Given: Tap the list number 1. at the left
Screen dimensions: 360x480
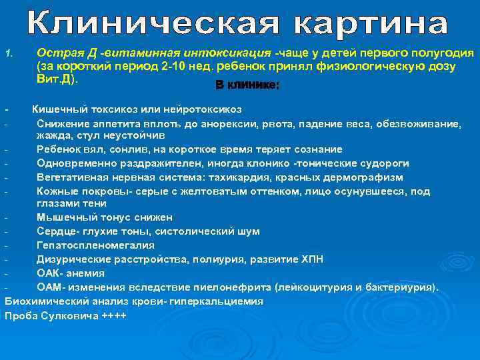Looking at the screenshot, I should (9, 54).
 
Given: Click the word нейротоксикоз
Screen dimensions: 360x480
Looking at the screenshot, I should (202, 109).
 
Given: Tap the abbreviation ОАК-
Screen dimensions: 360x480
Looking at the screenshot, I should (51, 273).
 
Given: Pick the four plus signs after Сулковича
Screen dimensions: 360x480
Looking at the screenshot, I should (113, 315).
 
